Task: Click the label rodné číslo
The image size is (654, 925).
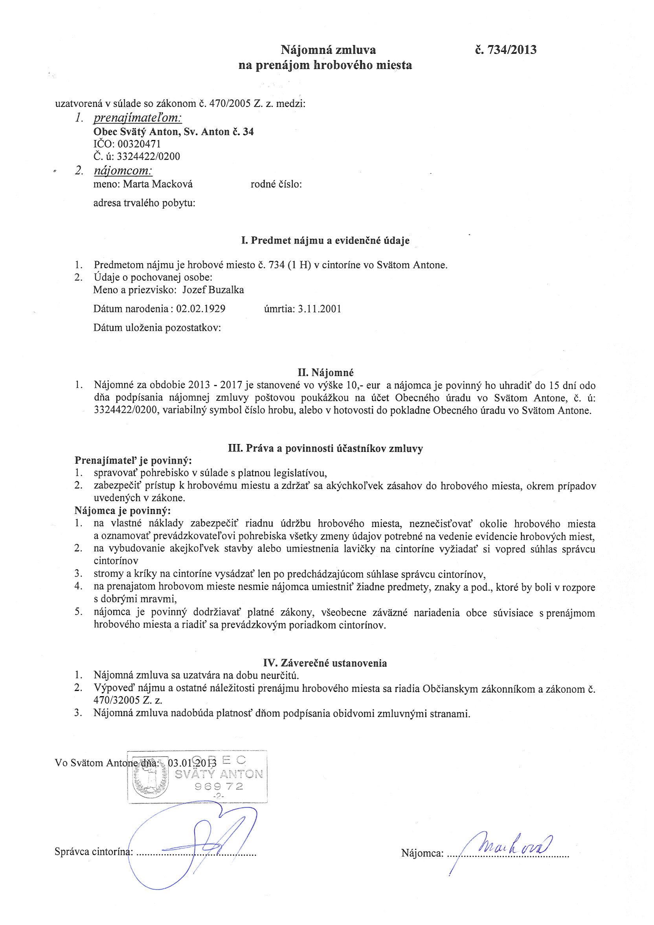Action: point(276,184)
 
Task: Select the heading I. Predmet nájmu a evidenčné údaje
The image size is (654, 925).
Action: point(325,241)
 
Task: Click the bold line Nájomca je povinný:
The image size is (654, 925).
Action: point(123,510)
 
